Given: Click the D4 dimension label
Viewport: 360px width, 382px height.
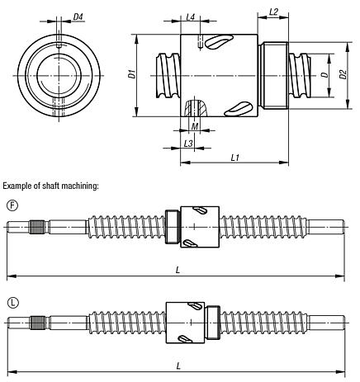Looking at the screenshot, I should tap(77, 17).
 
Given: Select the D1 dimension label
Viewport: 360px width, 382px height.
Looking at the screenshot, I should tap(132, 73).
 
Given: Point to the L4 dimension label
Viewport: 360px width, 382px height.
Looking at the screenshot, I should tap(190, 17).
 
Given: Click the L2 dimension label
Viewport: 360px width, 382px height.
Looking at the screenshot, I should tap(273, 12).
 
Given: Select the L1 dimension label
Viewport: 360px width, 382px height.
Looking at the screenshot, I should tap(234, 156).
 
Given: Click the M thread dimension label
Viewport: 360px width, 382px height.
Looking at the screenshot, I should tap(194, 126).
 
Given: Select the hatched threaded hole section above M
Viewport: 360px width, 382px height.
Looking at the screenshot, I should tap(193, 108).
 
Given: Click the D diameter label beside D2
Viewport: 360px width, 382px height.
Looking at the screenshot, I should tap(323, 75).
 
